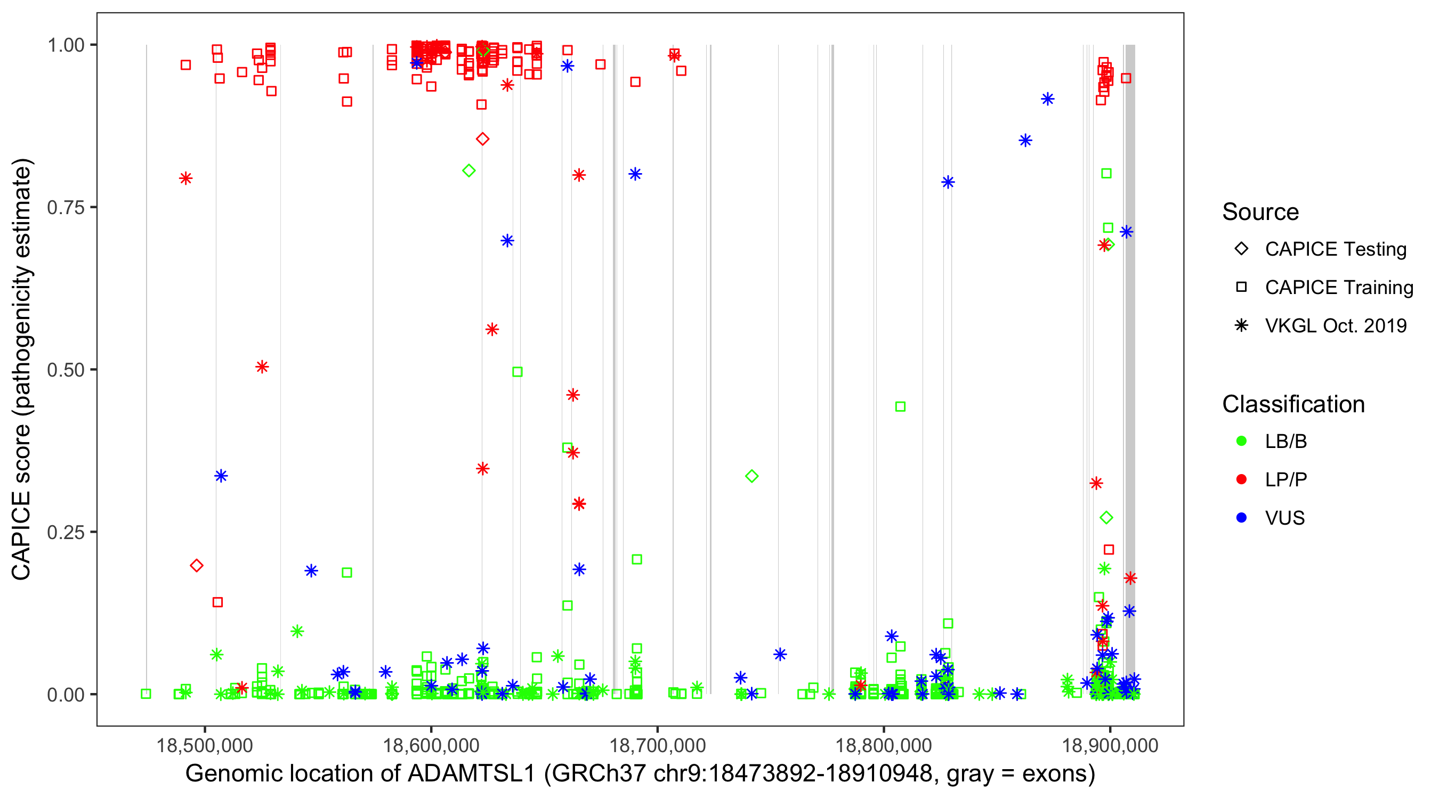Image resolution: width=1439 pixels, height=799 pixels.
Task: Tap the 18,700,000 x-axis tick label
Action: click(x=657, y=745)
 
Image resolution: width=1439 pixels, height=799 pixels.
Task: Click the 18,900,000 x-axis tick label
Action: click(x=1110, y=745)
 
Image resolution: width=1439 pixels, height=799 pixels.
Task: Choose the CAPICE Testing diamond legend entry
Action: click(x=1241, y=249)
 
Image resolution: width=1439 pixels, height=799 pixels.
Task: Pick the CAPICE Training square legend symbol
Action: click(x=1241, y=287)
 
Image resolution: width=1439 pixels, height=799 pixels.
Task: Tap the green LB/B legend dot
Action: click(x=1241, y=441)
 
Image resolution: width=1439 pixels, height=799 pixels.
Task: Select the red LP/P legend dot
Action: click(x=1241, y=479)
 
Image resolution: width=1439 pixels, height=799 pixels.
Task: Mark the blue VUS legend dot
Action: click(x=1241, y=518)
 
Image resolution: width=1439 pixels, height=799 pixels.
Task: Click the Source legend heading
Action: click(x=1260, y=212)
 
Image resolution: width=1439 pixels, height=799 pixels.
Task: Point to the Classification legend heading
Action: click(x=1292, y=404)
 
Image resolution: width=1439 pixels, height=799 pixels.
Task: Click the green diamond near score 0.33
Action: click(x=751, y=476)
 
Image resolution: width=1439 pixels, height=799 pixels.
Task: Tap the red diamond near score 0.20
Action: click(x=196, y=566)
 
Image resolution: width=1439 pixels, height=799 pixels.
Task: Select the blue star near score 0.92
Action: click(x=1047, y=99)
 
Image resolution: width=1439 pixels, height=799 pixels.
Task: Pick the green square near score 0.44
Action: click(x=900, y=406)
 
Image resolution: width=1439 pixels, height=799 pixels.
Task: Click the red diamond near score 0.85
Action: click(x=483, y=139)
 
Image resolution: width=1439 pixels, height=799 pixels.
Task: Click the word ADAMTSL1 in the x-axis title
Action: click(x=472, y=774)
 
